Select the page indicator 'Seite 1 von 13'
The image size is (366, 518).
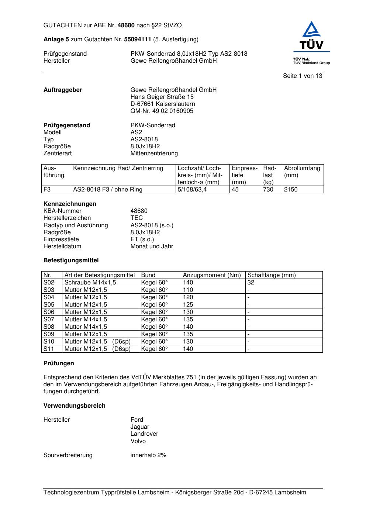(302, 76)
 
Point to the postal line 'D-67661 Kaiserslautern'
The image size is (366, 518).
(163, 104)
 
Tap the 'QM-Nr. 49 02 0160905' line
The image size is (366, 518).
(162, 111)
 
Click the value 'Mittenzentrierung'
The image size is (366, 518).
(154, 153)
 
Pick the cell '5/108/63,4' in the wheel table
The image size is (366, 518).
(192, 190)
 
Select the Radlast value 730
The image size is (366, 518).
(268, 190)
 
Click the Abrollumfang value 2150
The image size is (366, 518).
(291, 190)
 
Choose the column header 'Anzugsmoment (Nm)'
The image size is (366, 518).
(212, 275)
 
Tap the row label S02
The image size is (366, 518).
(49, 283)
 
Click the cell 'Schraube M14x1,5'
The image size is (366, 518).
(90, 283)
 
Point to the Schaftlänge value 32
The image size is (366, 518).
(251, 283)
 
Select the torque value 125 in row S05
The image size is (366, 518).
(188, 305)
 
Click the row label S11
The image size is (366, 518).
(49, 349)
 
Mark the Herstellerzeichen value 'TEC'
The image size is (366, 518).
(137, 218)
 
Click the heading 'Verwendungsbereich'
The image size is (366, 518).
(74, 406)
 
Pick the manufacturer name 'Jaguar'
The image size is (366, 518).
(140, 427)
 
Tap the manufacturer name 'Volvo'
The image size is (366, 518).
(138, 441)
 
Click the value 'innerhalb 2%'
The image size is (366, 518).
(148, 455)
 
